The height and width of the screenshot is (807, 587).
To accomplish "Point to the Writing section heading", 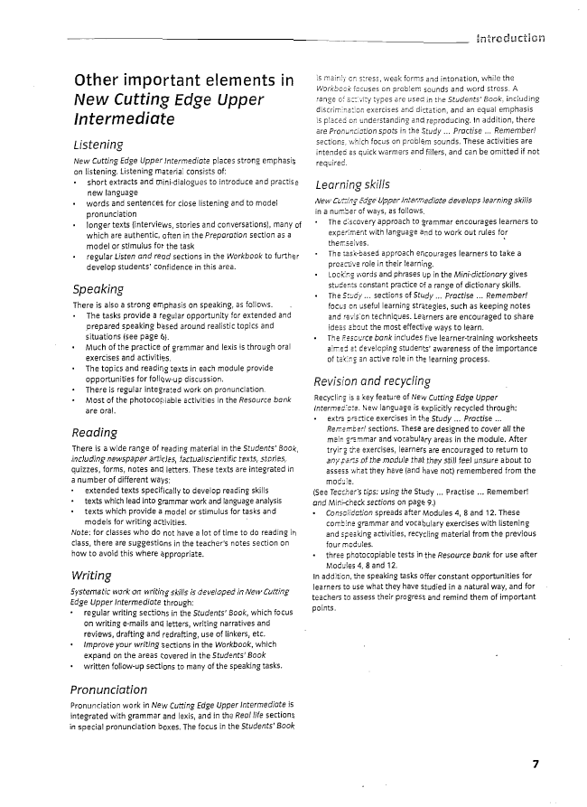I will [x=91, y=575].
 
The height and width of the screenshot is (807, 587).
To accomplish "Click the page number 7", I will [x=535, y=764].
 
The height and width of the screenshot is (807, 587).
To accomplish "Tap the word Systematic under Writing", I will [x=91, y=591].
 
